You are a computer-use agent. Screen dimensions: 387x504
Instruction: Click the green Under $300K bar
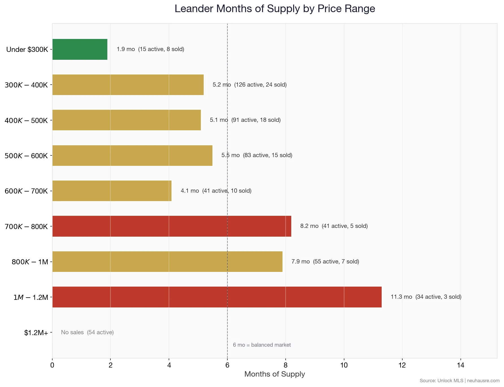tap(80, 49)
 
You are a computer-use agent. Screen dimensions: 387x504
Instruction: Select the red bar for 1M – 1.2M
tap(217, 297)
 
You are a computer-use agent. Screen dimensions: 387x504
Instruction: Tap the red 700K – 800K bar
tap(172, 226)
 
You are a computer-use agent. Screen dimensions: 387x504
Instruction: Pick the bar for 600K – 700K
tap(112, 191)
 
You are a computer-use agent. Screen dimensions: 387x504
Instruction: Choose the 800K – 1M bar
tap(167, 262)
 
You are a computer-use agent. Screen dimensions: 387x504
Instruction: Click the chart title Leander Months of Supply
tap(275, 9)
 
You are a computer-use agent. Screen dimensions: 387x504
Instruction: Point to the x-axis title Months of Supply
tap(275, 374)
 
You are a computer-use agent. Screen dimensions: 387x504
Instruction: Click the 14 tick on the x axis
tap(460, 365)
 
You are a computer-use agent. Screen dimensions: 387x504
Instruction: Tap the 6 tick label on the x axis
tap(227, 365)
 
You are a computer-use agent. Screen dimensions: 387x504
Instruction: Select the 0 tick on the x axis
tap(52, 365)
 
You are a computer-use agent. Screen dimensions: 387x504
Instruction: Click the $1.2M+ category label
tap(36, 333)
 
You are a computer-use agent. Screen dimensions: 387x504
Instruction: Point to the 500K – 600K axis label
tap(26, 156)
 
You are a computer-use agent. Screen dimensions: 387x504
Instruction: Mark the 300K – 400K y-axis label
tap(26, 85)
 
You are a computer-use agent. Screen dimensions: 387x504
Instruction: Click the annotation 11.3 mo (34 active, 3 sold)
tap(426, 297)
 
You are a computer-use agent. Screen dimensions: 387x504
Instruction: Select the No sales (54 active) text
tap(87, 332)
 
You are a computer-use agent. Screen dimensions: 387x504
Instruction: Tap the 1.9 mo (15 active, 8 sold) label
tap(150, 49)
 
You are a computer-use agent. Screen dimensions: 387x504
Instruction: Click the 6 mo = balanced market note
tap(262, 345)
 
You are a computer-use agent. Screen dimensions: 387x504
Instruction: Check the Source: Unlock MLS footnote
tap(459, 381)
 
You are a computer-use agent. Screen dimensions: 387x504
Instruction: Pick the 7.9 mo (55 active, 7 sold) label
tap(325, 261)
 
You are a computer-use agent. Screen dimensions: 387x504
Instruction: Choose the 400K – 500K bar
tap(127, 120)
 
